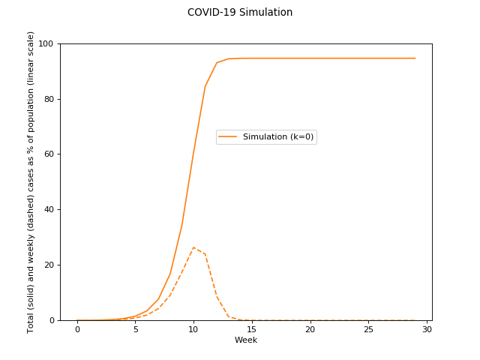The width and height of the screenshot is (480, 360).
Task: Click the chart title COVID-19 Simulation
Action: coord(240,13)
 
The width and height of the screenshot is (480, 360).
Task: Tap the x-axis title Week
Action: coord(246,340)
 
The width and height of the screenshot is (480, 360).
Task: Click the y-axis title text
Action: coord(31,182)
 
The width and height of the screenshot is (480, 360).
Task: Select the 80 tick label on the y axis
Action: coord(49,99)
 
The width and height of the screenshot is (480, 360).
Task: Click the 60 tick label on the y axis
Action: coord(49,154)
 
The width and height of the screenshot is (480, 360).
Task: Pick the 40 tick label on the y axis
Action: coord(49,210)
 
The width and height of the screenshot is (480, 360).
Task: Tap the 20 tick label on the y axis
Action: coord(49,265)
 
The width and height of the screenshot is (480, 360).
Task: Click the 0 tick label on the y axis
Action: coord(52,320)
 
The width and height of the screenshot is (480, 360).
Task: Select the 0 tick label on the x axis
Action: coord(77,329)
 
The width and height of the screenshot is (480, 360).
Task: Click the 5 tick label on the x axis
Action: coord(135,329)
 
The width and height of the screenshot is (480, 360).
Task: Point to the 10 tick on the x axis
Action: coord(193,329)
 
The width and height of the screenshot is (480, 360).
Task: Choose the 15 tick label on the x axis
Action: coord(252,329)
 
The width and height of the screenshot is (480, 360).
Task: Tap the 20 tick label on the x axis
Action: coord(310,329)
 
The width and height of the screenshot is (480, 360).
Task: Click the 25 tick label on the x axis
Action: coord(368,329)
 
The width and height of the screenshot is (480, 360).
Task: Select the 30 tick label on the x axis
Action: coord(427,329)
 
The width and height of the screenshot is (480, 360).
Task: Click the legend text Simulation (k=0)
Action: coord(278,137)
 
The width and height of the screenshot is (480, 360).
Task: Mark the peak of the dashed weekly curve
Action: coord(193,247)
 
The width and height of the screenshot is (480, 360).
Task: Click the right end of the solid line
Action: coord(415,58)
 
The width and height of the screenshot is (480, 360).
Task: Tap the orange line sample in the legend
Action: coord(228,137)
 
